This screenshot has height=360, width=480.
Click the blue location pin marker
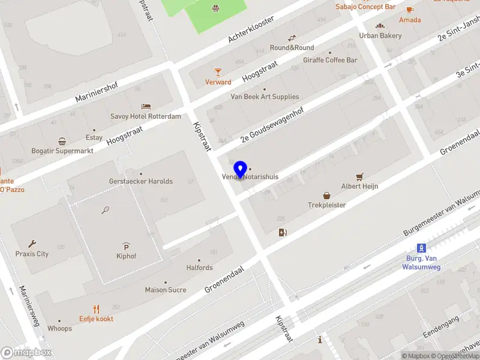point(241,170)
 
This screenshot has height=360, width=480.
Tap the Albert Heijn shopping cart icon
point(359,176)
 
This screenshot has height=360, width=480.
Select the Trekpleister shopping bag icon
point(327,195)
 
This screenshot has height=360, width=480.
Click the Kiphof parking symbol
point(126,246)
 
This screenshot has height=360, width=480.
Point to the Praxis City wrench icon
point(32,244)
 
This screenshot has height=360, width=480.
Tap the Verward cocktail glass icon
point(218,72)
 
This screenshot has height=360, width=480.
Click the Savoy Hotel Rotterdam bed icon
point(146,106)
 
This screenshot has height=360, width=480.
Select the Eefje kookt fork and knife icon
point(96,309)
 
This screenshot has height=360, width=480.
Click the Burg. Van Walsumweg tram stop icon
point(422,248)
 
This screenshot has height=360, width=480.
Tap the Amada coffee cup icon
point(410,10)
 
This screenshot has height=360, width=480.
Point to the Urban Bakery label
point(380,35)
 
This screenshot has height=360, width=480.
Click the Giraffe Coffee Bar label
point(330,60)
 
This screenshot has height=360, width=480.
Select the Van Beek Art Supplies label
point(265,97)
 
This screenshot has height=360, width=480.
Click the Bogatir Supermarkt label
point(62,151)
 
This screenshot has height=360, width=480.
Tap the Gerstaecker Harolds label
point(141,181)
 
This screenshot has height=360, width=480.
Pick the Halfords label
point(199,268)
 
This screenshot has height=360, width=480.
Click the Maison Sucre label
point(166,290)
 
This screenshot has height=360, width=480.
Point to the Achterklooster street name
point(251,29)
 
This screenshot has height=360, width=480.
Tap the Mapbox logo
point(26,353)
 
